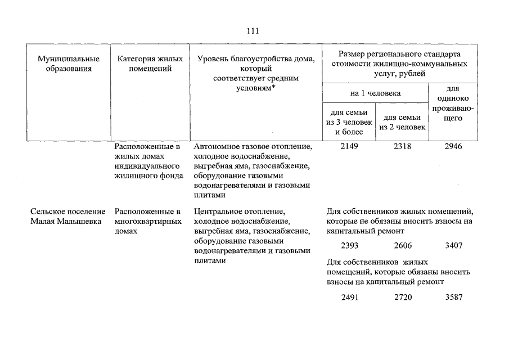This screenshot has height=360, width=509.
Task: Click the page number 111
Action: (x=253, y=31)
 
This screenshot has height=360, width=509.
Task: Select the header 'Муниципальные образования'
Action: (x=69, y=64)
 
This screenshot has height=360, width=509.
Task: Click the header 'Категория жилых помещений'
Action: (x=150, y=64)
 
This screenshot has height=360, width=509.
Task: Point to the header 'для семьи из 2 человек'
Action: (x=403, y=122)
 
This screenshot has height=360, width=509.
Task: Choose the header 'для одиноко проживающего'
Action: (x=453, y=103)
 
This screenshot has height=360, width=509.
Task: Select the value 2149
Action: (x=349, y=147)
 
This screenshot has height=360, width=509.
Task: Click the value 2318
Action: (x=403, y=147)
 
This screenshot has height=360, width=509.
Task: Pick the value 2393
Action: (x=349, y=246)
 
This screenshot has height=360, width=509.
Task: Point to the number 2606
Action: (x=403, y=246)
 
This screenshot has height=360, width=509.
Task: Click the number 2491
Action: (x=349, y=297)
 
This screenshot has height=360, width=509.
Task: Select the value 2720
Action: (x=403, y=297)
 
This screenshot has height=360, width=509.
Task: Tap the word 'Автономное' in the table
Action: (x=214, y=147)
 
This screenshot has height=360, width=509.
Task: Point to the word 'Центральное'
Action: (x=215, y=212)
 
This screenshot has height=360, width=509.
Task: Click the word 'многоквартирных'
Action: (x=148, y=222)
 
